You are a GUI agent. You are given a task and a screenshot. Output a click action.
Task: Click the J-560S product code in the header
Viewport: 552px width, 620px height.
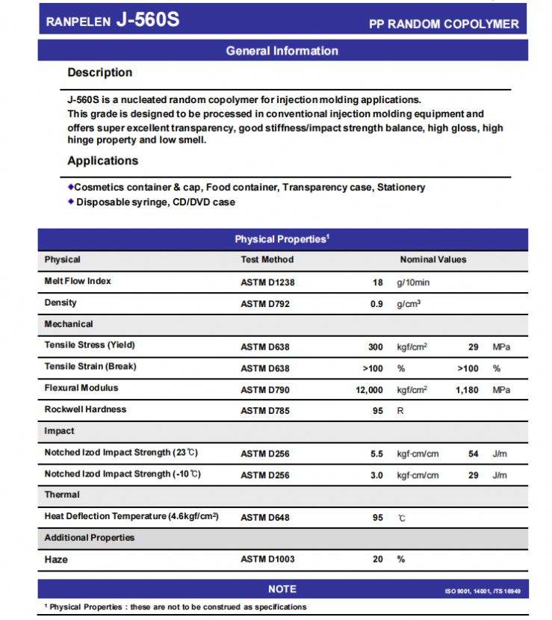[x=148, y=20]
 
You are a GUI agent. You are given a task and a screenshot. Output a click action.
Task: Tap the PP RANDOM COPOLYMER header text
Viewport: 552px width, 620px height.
[x=444, y=24]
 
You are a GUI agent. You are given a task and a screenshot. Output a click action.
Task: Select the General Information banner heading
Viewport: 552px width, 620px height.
[x=282, y=51]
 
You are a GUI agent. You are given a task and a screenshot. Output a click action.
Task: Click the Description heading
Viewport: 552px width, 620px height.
[x=99, y=72]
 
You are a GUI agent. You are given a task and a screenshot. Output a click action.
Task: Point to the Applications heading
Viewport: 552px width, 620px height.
[x=102, y=161]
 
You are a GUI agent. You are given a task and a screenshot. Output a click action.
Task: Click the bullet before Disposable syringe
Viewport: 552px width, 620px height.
[x=71, y=201]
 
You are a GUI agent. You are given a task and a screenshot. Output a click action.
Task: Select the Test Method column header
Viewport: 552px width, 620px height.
[x=267, y=260]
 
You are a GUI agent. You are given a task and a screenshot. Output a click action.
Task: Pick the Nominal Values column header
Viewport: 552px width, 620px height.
[x=432, y=260]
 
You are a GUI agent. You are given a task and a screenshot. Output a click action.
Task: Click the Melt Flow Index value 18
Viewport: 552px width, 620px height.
[x=377, y=282]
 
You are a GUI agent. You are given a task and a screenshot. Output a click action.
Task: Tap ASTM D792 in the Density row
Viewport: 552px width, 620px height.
[x=264, y=304]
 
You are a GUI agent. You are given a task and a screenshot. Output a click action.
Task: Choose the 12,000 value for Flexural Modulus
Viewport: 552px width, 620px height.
[x=370, y=390]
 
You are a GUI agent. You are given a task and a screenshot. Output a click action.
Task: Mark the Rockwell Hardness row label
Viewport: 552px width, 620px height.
[x=85, y=409]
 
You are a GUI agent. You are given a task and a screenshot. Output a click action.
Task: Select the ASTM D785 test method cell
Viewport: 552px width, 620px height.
[x=264, y=411]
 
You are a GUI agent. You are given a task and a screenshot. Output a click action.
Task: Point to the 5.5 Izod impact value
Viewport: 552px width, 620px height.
[x=377, y=453]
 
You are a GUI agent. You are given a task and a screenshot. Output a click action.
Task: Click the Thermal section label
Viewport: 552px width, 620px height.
[x=62, y=495]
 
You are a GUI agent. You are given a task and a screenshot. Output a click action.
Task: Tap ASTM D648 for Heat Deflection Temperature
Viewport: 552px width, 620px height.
[x=264, y=518]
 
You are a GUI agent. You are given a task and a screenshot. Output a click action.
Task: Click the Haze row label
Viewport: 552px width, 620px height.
[x=56, y=559]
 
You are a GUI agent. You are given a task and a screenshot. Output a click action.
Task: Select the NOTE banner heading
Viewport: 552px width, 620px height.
[x=282, y=589]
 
